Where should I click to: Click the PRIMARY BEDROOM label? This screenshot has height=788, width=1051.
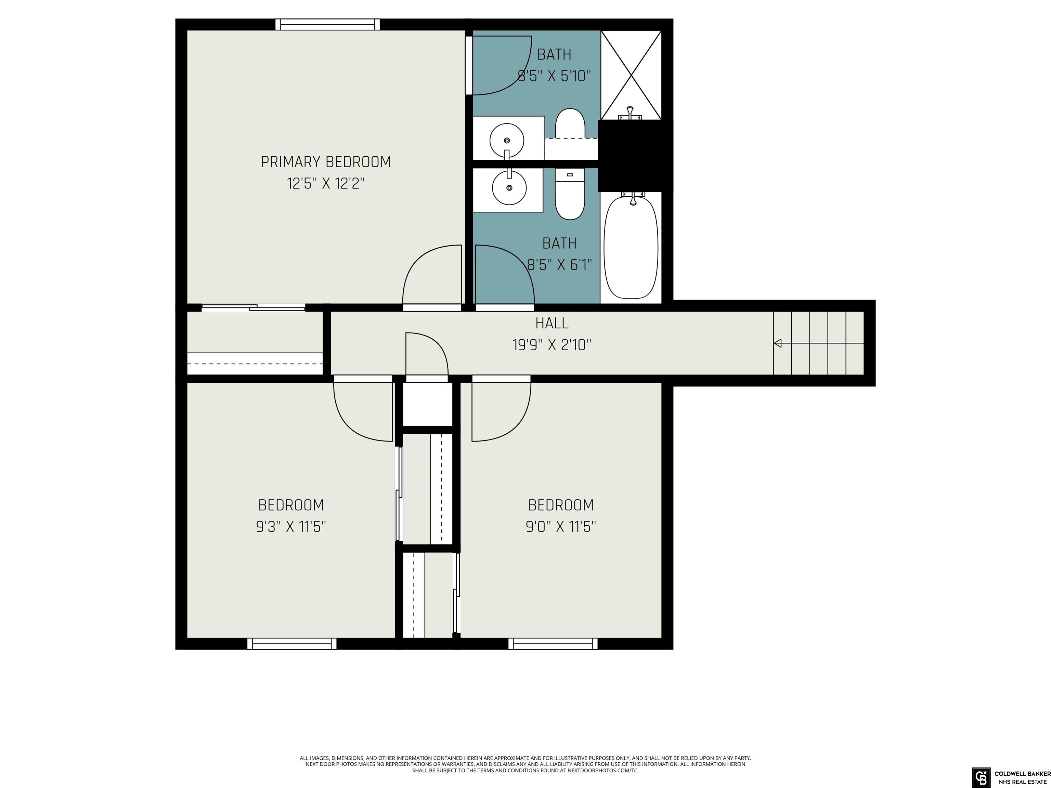(x=326, y=162)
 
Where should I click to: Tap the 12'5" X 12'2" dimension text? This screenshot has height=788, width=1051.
(x=326, y=183)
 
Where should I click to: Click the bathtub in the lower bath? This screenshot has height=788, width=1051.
(x=631, y=247)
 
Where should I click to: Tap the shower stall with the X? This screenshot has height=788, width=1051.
(x=631, y=75)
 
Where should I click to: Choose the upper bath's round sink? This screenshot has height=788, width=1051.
(x=507, y=140)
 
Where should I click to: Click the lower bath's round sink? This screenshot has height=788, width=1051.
(x=509, y=188)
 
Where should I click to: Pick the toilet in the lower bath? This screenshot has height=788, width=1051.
(x=570, y=194)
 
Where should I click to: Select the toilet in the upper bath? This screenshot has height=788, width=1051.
(x=570, y=124)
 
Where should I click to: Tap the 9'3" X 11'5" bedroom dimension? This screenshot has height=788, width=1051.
(x=291, y=526)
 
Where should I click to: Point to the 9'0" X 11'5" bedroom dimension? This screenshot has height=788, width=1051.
(x=561, y=526)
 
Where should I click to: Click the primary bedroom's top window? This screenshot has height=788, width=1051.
(x=328, y=25)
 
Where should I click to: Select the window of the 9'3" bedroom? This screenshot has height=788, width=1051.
(x=292, y=644)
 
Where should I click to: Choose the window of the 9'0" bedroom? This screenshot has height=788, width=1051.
(x=553, y=644)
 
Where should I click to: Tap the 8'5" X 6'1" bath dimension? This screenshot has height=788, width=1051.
(x=560, y=265)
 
